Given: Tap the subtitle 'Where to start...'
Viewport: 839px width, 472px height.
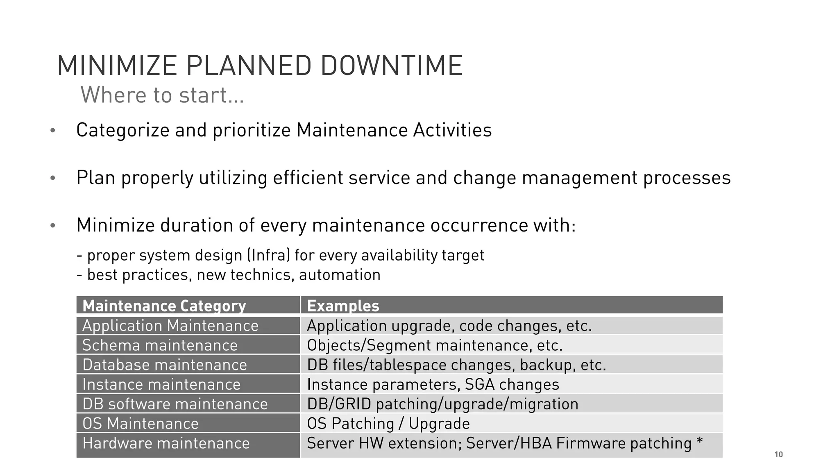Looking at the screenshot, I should [162, 95].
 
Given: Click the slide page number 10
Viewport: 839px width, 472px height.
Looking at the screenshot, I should [778, 454].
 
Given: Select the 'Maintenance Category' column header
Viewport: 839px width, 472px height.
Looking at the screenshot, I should [164, 306].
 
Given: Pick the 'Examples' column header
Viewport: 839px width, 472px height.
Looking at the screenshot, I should [343, 306].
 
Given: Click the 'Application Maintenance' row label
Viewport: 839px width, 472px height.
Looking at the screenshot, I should [170, 326].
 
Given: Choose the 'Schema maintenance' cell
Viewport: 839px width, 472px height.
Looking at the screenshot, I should [160, 345].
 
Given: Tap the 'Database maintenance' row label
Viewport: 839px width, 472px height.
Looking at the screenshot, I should [165, 365].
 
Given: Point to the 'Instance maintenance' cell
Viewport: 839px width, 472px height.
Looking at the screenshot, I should [161, 384].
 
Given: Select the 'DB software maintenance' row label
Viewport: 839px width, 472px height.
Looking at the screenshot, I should [175, 404].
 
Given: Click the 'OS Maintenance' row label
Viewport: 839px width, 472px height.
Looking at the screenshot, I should [141, 424].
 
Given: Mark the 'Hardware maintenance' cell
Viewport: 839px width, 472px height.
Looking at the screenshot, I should [166, 443].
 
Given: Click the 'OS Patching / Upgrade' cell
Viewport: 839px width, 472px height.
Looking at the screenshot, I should [388, 424].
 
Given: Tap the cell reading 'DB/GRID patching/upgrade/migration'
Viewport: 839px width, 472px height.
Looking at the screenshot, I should [442, 404].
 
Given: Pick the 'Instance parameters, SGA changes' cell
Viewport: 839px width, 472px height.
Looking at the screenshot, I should [433, 384].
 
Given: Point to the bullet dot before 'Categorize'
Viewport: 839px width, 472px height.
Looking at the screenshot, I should [52, 131].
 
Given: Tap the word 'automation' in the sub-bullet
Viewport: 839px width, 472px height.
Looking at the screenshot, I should [340, 275].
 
